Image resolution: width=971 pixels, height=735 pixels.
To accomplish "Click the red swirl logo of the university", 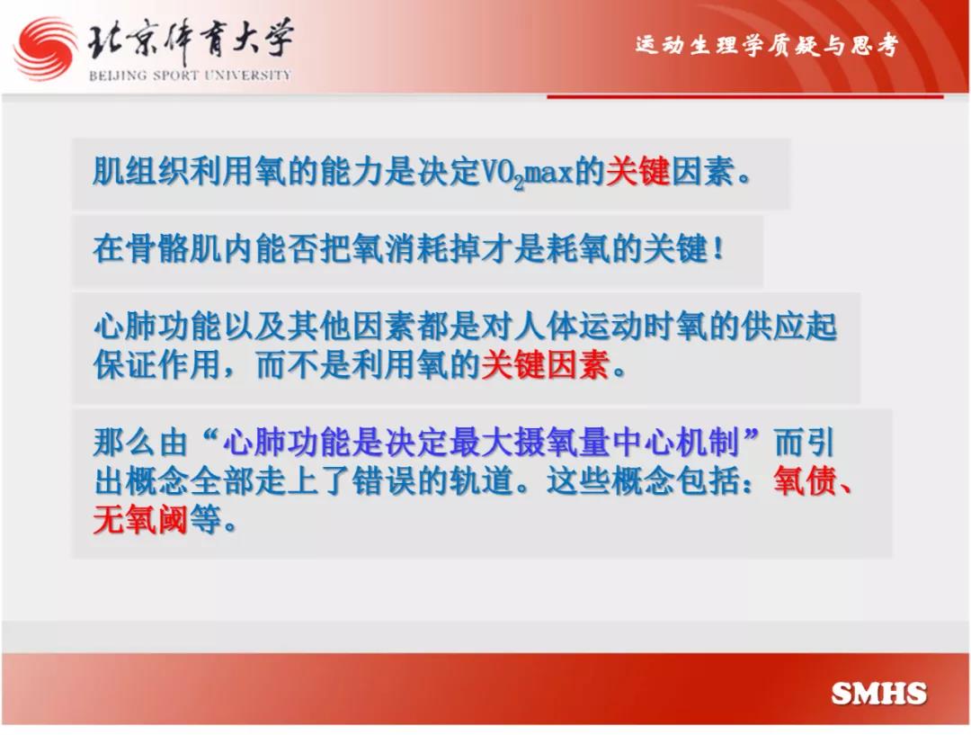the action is [45, 49].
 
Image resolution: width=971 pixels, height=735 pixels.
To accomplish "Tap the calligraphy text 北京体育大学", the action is [190, 40].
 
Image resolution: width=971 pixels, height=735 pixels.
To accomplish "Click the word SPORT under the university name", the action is [176, 75].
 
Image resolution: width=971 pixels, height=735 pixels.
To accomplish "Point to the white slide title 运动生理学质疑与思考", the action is [766, 45].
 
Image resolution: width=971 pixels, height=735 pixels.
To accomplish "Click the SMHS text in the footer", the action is [878, 693].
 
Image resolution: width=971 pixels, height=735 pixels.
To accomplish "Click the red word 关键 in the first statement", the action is [637, 170].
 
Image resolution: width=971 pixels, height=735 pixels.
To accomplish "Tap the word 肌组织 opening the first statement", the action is [140, 170].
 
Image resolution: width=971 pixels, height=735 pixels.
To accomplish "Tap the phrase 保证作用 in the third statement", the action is [157, 363].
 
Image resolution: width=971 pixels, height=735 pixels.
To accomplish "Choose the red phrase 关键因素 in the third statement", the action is [546, 363].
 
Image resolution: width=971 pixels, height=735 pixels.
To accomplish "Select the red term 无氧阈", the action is [140, 519].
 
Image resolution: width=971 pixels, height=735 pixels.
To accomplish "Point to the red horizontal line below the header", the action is [745, 96].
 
